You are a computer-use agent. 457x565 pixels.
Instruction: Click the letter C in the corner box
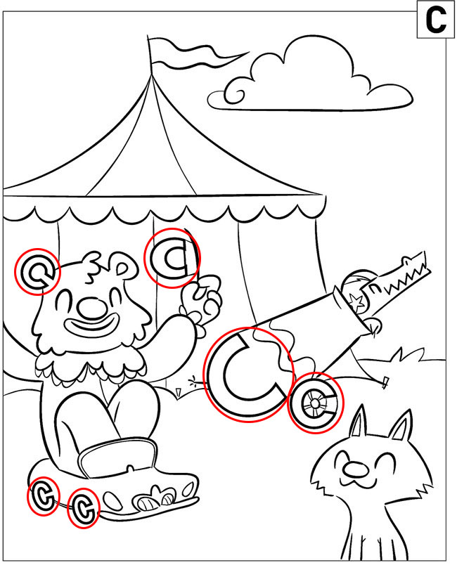point(436,20)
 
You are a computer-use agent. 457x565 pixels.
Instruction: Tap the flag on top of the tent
point(195,54)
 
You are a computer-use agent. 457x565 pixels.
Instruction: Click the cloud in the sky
point(310,77)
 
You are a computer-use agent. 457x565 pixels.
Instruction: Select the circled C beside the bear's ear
point(37,272)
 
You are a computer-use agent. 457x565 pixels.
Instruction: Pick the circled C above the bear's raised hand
point(172,258)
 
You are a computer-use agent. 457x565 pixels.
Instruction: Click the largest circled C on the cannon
point(249,375)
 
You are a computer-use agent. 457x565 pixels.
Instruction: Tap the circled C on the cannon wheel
point(315,403)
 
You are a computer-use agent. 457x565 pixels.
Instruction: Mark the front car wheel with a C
point(83,508)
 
